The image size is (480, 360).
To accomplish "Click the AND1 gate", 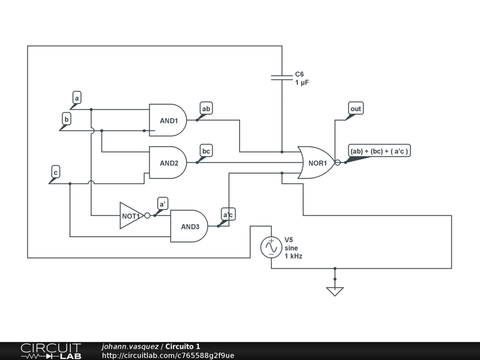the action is pos(168,120).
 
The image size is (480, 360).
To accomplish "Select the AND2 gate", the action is pos(168,163).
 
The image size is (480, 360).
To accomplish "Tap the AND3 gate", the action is pos(189,226).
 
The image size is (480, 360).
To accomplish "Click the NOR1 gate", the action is pos(316,163).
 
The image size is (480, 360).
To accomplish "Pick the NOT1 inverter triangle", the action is pos(132,216).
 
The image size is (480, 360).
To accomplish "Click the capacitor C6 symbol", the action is pos(282,77).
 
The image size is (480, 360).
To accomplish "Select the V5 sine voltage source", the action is pos(271,247).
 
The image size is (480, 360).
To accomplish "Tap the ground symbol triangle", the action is pos(335,292).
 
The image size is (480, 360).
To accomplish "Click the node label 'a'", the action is pos(77,98).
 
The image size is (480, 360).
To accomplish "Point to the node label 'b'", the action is pos(67,119).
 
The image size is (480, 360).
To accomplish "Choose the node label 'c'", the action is pos(55,172).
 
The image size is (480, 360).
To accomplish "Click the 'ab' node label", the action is pos(206,109).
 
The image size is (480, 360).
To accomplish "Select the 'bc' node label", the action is pos(206,151).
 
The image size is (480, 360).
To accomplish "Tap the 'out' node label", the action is pos(356,109).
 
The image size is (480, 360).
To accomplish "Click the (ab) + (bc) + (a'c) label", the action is pos(379,151).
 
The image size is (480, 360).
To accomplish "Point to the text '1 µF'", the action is pos(302,82).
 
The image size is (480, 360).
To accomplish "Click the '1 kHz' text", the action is pos(293,256).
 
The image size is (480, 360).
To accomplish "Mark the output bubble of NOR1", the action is pos(337,163).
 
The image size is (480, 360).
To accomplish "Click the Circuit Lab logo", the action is pos(51,351).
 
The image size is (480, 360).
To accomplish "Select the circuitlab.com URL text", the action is pos(168,355).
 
